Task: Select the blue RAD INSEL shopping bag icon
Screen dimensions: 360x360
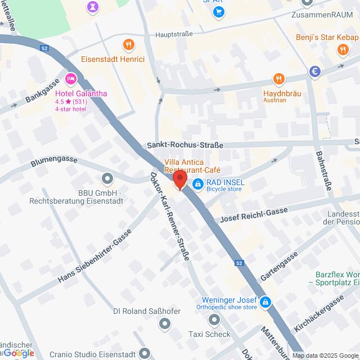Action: point(197,183)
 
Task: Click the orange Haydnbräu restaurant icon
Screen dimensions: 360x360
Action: point(277,79)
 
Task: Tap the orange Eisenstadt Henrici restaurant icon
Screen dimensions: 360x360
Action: point(129,43)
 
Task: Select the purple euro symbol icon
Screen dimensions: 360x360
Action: point(315,71)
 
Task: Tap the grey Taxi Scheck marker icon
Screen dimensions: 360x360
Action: point(214,320)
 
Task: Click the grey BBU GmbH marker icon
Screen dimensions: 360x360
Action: point(107,179)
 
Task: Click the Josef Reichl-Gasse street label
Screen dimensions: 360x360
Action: point(254,215)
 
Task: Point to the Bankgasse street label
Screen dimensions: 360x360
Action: point(43,91)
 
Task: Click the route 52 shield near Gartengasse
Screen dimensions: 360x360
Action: point(238,263)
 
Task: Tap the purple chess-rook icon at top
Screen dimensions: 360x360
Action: point(91,7)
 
